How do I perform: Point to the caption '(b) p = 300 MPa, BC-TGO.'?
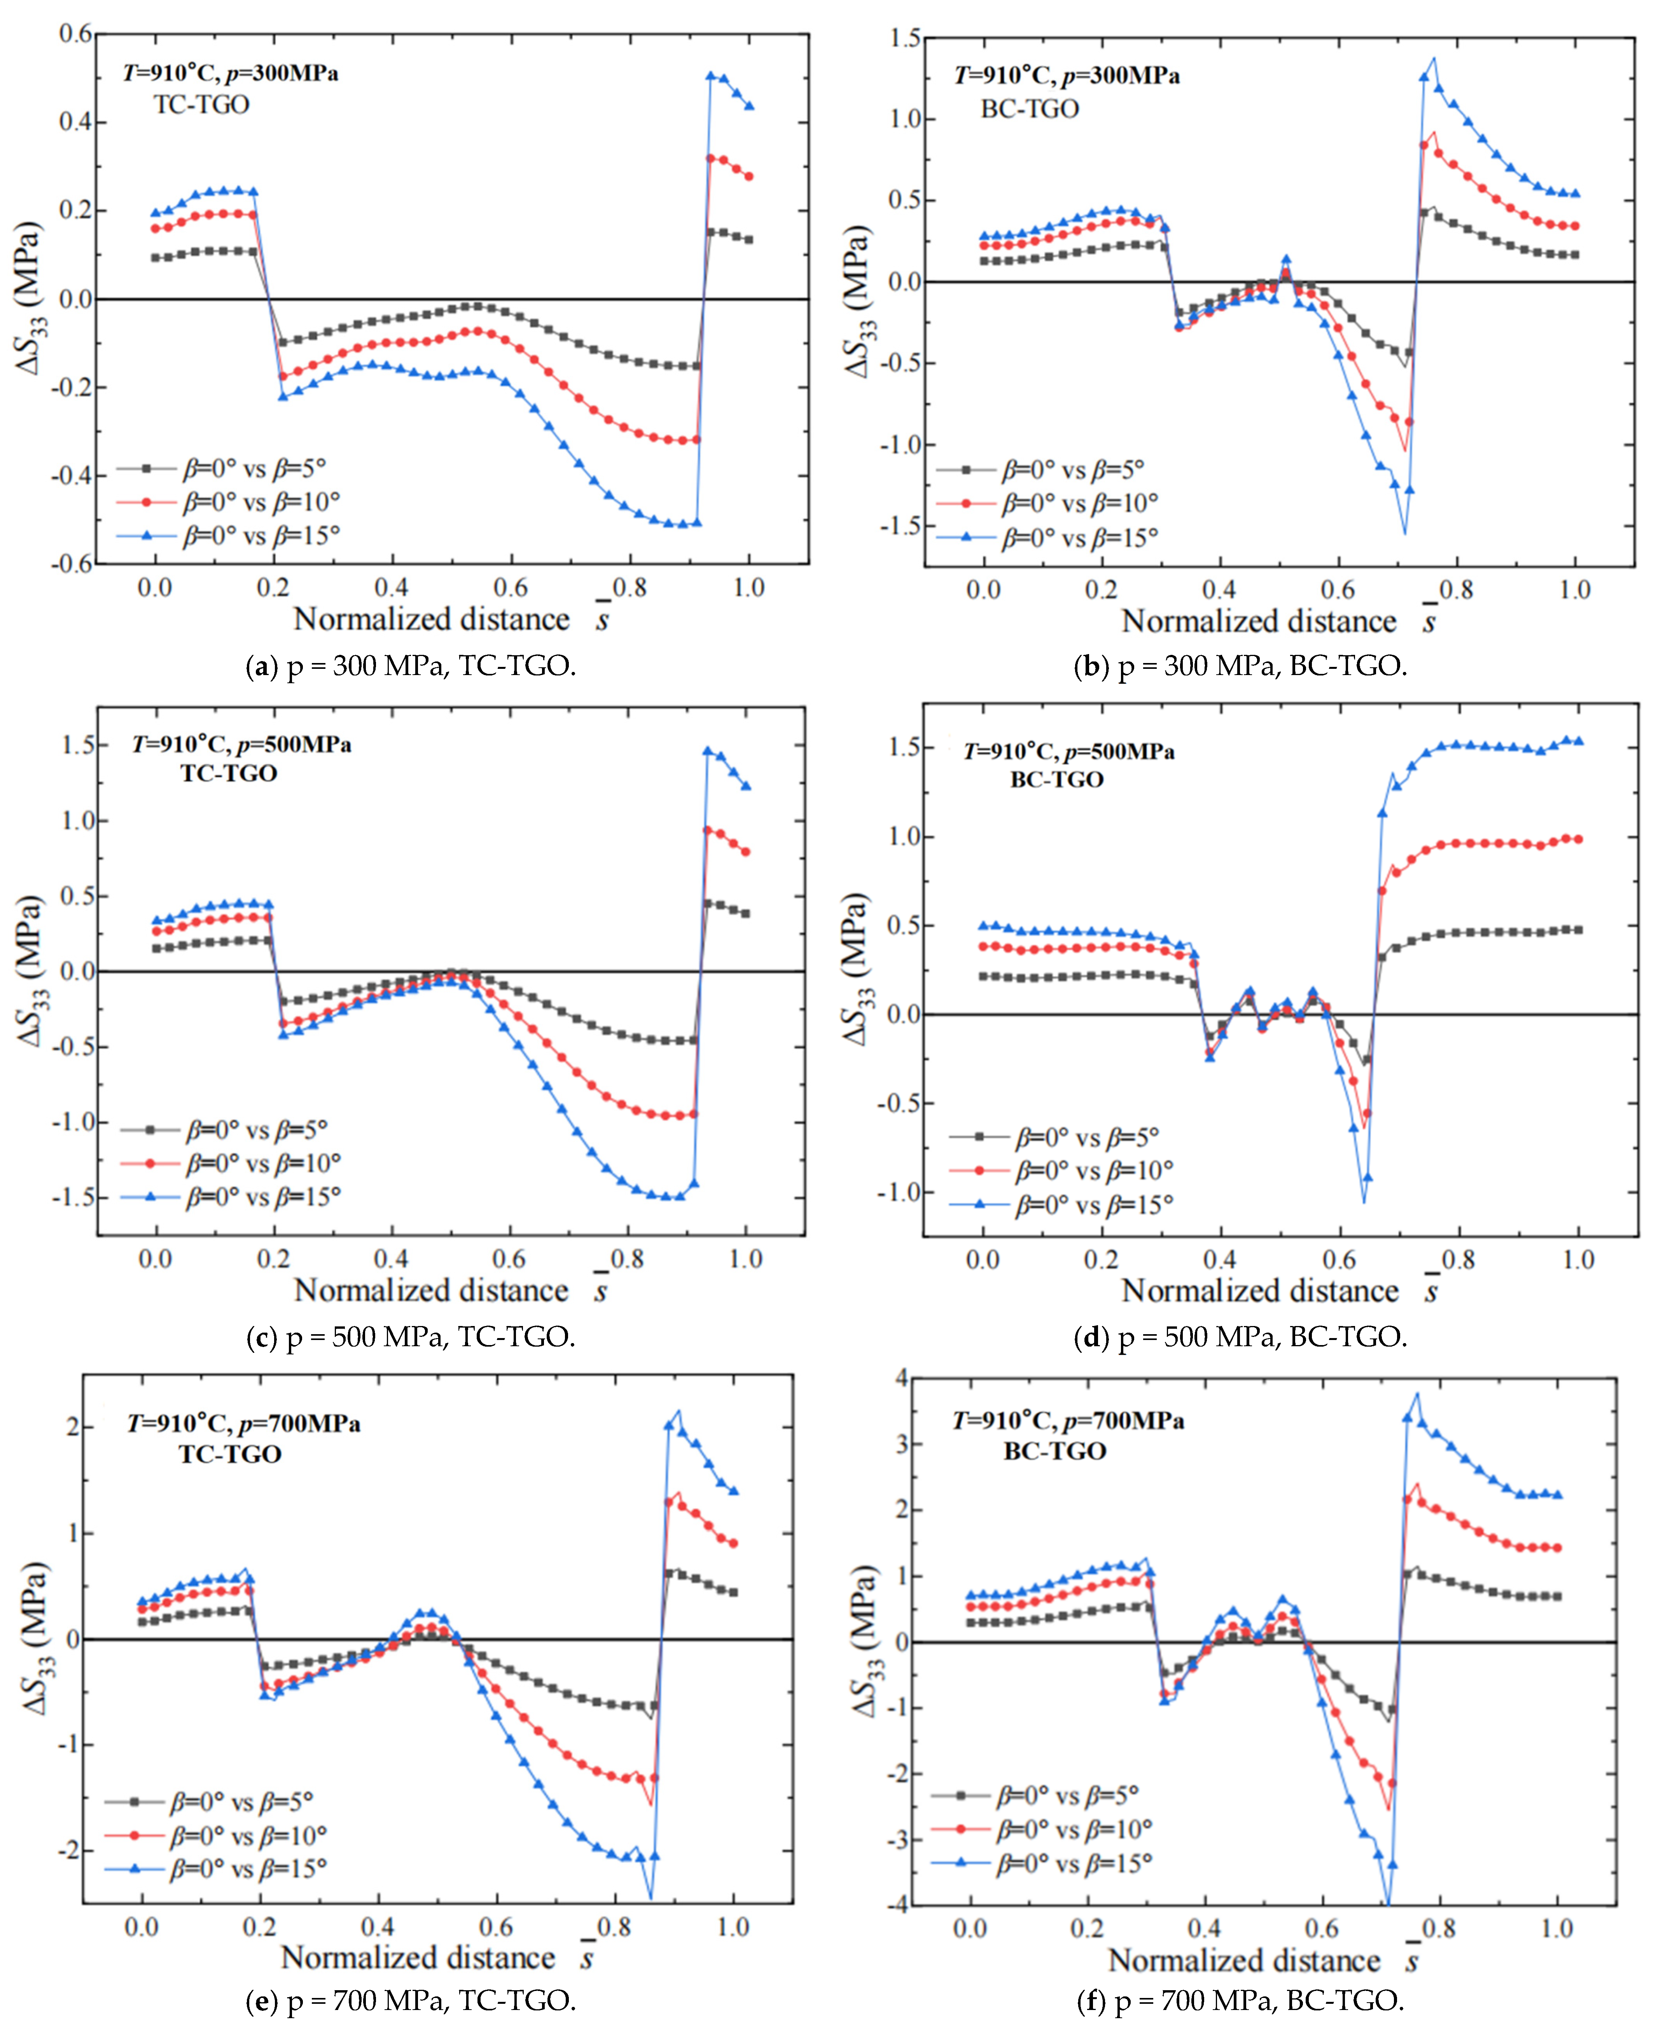tap(1240, 666)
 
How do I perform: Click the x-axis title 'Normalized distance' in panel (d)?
tap(1259, 1291)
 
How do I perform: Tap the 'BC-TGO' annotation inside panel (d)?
tap(1057, 780)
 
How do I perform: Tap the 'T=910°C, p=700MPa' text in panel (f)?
tap(1068, 1421)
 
